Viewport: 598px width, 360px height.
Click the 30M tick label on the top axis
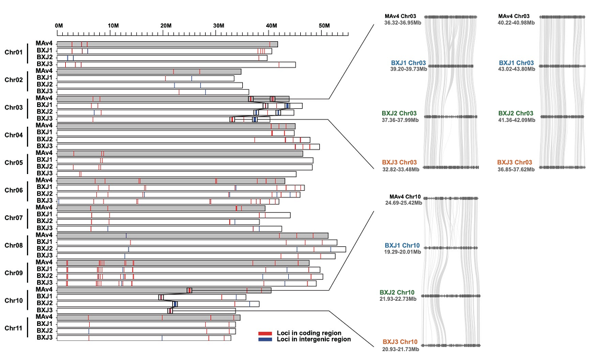[x=218, y=25]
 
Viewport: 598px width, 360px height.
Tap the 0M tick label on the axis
[x=59, y=25]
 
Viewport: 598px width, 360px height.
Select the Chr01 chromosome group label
[x=14, y=53]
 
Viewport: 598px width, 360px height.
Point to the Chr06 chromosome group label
[x=14, y=190]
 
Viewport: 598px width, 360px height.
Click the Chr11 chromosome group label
[x=14, y=328]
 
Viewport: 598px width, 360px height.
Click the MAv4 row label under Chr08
[x=44, y=235]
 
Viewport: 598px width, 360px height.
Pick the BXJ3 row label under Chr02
[x=44, y=91]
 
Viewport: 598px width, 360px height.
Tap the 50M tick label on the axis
[x=324, y=25]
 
